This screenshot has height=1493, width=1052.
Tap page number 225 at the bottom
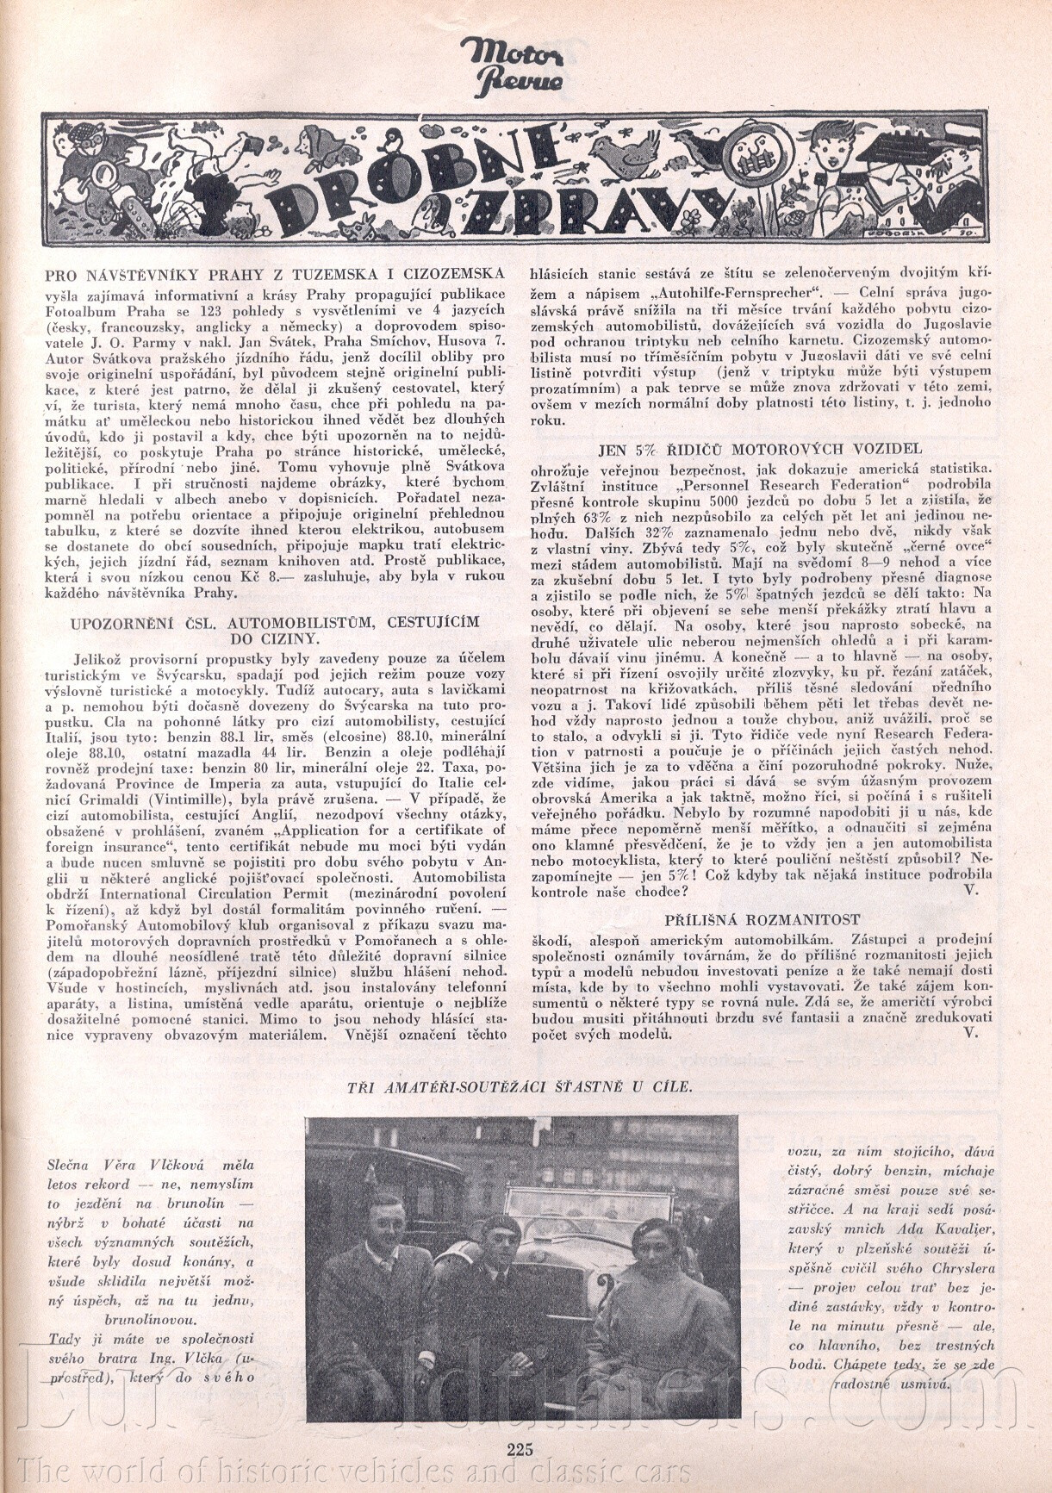(520, 1448)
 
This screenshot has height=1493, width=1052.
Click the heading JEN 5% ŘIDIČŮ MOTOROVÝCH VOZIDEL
(760, 449)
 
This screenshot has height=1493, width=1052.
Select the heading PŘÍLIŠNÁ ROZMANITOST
(763, 920)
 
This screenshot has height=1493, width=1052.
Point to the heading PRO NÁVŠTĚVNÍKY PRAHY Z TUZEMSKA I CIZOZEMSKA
(274, 275)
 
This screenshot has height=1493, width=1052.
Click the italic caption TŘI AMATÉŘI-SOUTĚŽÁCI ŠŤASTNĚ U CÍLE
(519, 1086)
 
